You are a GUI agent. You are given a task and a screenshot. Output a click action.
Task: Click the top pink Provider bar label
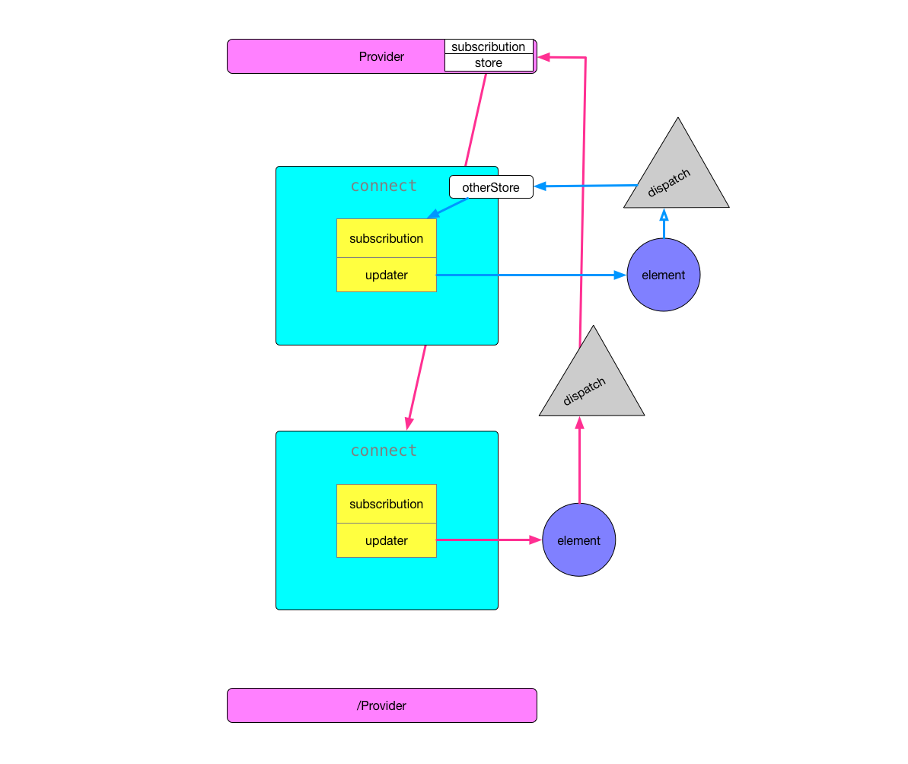pyautogui.click(x=381, y=57)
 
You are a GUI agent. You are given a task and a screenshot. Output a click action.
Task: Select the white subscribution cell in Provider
pyautogui.click(x=489, y=47)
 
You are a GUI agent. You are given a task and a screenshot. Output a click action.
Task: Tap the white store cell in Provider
pyautogui.click(x=489, y=63)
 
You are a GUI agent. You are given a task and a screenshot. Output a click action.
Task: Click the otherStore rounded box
pyautogui.click(x=491, y=187)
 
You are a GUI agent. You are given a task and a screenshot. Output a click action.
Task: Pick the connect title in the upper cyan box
pyautogui.click(x=384, y=186)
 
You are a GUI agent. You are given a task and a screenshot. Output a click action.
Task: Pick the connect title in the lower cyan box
pyautogui.click(x=384, y=450)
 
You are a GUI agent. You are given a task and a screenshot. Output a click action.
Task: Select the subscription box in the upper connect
pyautogui.click(x=387, y=238)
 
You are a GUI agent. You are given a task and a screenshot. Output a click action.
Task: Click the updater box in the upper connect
pyautogui.click(x=387, y=275)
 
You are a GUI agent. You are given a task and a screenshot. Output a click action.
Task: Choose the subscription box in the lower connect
pyautogui.click(x=387, y=504)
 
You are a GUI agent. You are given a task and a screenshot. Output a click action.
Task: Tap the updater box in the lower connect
pyautogui.click(x=387, y=540)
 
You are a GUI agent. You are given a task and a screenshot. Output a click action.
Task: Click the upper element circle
pyautogui.click(x=664, y=275)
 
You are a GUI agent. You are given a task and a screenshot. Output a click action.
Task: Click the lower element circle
pyautogui.click(x=579, y=540)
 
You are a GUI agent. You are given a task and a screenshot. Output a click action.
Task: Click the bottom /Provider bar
pyautogui.click(x=381, y=705)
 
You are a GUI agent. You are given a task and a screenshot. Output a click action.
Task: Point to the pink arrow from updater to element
pyautogui.click(x=487, y=540)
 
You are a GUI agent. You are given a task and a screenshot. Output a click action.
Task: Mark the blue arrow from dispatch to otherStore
pyautogui.click(x=586, y=186)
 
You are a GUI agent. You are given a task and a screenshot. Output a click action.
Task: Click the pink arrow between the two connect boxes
pyautogui.click(x=417, y=387)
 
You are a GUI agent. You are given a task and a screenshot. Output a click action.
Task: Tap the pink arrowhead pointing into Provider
pyautogui.click(x=543, y=57)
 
